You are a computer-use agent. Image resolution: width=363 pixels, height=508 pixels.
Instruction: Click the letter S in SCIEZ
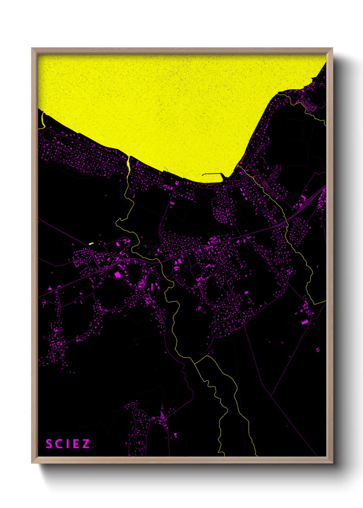(49, 444)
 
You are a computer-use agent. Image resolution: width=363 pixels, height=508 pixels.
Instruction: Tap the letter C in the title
(58, 444)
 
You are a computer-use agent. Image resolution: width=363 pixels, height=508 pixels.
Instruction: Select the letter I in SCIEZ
(67, 444)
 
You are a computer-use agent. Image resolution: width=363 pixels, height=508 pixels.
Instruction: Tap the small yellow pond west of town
(91, 243)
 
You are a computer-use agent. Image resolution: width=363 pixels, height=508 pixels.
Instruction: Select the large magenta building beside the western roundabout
(117, 274)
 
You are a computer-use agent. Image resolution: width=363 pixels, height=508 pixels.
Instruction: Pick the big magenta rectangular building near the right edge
(305, 322)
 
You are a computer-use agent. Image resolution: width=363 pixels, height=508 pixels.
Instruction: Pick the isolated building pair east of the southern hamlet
(176, 435)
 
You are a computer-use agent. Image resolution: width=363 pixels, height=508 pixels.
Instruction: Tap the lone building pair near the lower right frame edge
(318, 350)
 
